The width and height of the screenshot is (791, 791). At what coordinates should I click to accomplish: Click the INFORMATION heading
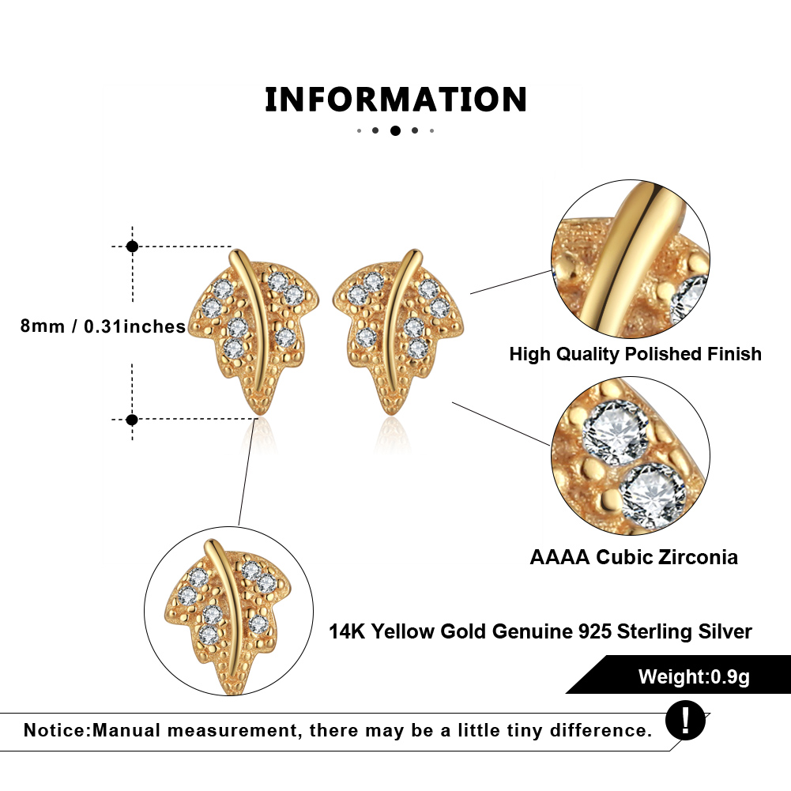tap(395, 100)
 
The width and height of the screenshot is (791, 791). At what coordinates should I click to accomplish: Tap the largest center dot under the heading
tap(395, 130)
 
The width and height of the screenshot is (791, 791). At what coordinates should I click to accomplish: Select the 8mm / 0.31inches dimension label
tap(103, 326)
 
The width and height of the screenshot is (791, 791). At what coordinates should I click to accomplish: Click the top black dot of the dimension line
tap(132, 247)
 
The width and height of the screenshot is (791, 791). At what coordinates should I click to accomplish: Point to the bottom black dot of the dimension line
tap(132, 419)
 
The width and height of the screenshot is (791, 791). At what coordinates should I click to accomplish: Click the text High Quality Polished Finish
tap(635, 354)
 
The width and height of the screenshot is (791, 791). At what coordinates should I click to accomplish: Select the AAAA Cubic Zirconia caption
tap(634, 557)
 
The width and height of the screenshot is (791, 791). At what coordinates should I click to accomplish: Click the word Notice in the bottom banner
tap(57, 730)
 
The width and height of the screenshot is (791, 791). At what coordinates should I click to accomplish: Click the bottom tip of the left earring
tap(258, 412)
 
